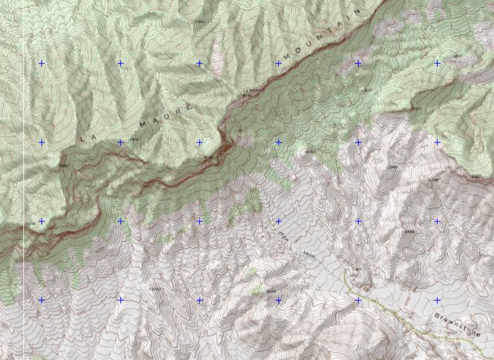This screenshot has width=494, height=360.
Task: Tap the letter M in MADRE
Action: point(143,124)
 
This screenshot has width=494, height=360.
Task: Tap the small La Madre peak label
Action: point(250,90)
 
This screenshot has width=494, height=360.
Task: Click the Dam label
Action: point(357,270)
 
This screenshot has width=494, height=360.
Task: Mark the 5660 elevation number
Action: point(409,232)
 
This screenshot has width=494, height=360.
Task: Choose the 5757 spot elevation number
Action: point(155,288)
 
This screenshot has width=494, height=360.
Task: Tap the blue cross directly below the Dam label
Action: point(358,300)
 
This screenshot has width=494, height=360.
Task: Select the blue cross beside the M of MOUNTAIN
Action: point(278,64)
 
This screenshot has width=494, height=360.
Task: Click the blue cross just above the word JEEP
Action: point(278,221)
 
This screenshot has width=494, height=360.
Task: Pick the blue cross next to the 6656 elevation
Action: point(42,221)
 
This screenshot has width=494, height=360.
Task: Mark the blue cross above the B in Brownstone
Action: point(437,300)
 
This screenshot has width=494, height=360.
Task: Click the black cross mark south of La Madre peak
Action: point(240,129)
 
